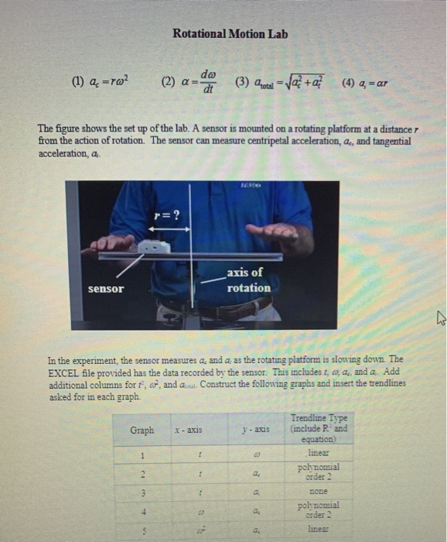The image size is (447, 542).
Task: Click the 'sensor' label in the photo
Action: click(105, 288)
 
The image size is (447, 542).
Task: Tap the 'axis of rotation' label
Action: click(248, 280)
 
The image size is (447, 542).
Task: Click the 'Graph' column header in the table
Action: click(142, 431)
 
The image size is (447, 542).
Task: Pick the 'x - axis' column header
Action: click(189, 431)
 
